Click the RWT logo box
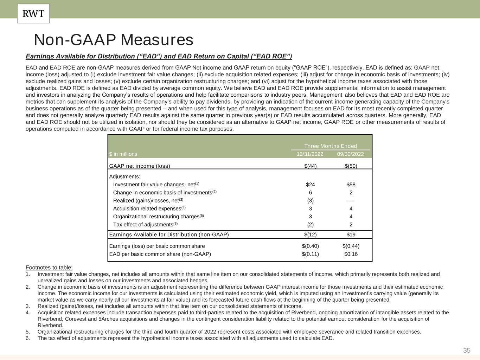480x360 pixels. point(33,14)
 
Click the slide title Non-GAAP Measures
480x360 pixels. point(113,40)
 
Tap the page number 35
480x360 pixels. point(467,350)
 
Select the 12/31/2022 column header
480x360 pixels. point(310,154)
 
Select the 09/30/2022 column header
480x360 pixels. point(350,154)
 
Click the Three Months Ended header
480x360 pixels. point(330,146)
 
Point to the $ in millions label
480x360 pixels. point(123,154)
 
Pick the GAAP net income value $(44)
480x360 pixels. point(310,166)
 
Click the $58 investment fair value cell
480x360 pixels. point(351,185)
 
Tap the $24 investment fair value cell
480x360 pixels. point(310,185)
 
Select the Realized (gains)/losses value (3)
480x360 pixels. point(310,201)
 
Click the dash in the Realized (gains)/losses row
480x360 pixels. point(351,201)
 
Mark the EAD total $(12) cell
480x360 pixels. point(310,234)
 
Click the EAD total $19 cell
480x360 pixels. point(351,234)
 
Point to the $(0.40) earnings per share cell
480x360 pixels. point(310,246)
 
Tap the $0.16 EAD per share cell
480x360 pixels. point(351,254)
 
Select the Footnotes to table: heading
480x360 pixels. point(49,268)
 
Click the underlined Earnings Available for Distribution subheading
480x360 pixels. point(159,57)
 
